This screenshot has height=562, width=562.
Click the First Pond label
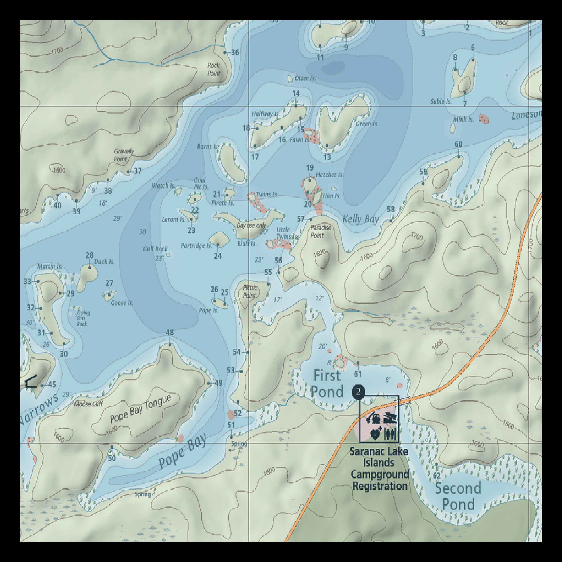coord(327,384)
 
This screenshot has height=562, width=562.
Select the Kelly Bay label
coord(361,219)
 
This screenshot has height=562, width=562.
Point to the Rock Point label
coord(214,69)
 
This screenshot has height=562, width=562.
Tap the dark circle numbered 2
coord(358,392)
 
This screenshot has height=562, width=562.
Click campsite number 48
coord(170,332)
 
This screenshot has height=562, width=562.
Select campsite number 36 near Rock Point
coord(235,53)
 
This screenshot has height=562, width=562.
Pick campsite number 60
coord(458,144)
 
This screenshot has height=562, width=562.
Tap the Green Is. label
coord(367,124)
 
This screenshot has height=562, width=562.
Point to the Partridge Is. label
coord(196,246)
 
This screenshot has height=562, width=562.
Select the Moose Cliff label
coord(88,404)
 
